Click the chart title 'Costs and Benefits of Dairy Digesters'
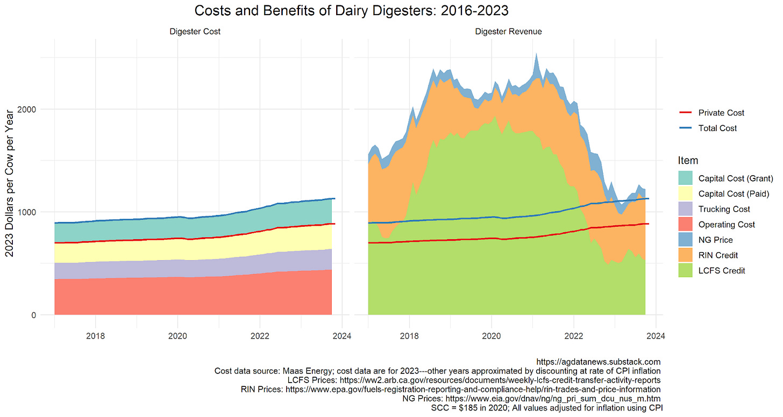pyautogui.click(x=352, y=11)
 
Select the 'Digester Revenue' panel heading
pyautogui.click(x=508, y=32)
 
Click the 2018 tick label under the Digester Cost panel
pyautogui.click(x=95, y=337)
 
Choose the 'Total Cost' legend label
pyautogui.click(x=717, y=128)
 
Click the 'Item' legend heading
pyautogui.click(x=688, y=161)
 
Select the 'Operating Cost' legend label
pyautogui.click(x=727, y=225)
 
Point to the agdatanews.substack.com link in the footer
pyautogui.click(x=599, y=362)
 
